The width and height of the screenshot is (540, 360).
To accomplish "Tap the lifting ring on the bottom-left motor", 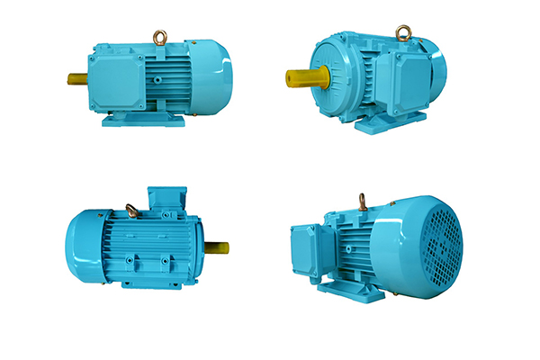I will (x=132, y=211).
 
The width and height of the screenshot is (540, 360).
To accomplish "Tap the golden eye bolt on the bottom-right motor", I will (x=361, y=202).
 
